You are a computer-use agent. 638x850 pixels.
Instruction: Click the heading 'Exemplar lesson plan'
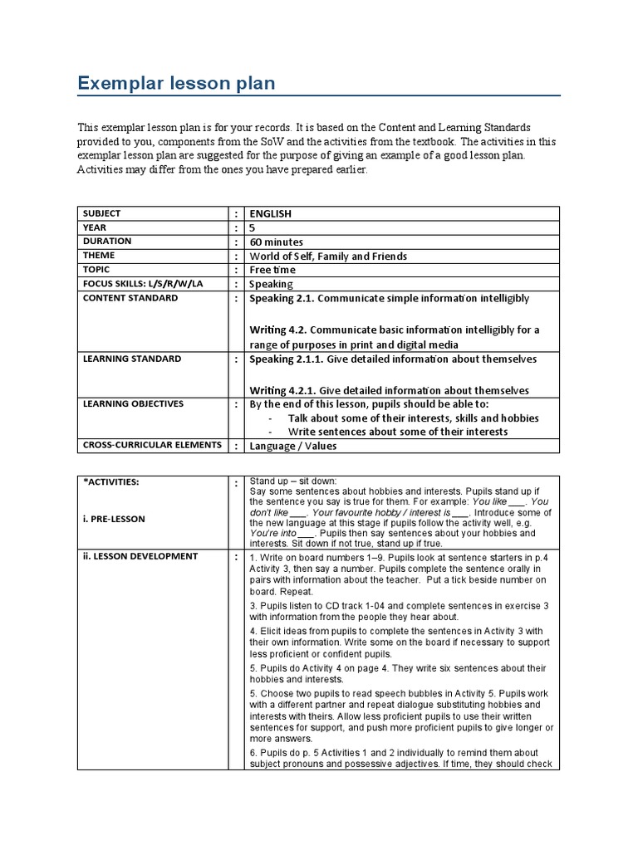tap(175, 83)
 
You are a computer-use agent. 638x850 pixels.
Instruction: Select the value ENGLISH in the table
tap(271, 213)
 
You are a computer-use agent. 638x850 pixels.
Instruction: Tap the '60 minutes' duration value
tap(279, 242)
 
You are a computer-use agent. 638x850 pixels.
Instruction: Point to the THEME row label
tap(99, 256)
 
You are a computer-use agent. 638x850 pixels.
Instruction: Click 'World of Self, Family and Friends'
tap(328, 256)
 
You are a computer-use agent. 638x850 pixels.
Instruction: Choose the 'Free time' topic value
tap(272, 270)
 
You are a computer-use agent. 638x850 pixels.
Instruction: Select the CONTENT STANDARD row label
tap(130, 298)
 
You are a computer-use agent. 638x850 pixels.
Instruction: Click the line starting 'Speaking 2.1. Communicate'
tap(389, 298)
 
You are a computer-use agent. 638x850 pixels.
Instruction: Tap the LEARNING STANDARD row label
tap(131, 359)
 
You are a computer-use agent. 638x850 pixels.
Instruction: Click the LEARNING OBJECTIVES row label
tap(133, 404)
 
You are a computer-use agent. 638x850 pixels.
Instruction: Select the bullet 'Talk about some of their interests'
tap(413, 418)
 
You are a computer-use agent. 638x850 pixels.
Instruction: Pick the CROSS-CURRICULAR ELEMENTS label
tap(151, 445)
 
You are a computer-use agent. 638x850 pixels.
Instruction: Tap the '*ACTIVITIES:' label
tap(110, 481)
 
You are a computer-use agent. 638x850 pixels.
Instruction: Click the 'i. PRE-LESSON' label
tap(114, 519)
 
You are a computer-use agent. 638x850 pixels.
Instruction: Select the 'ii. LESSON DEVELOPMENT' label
tap(140, 556)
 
